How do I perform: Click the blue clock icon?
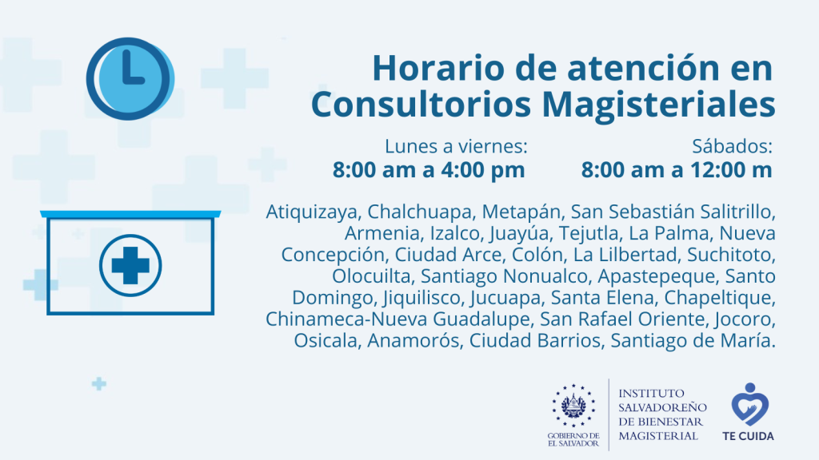coord(130,79)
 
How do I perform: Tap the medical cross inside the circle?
coord(130,265)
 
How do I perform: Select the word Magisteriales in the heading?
coord(659,105)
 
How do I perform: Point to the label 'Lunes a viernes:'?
coord(456,147)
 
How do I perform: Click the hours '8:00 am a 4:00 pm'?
coord(429,170)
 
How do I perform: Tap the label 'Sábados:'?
coord(733,147)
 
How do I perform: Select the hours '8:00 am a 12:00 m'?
coord(677,170)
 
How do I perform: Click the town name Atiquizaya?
coord(313,212)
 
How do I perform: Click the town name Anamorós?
coord(413,340)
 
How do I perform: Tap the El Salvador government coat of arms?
coord(573,405)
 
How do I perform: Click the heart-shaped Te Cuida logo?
coord(749,403)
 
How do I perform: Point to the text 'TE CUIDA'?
coord(748,436)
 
